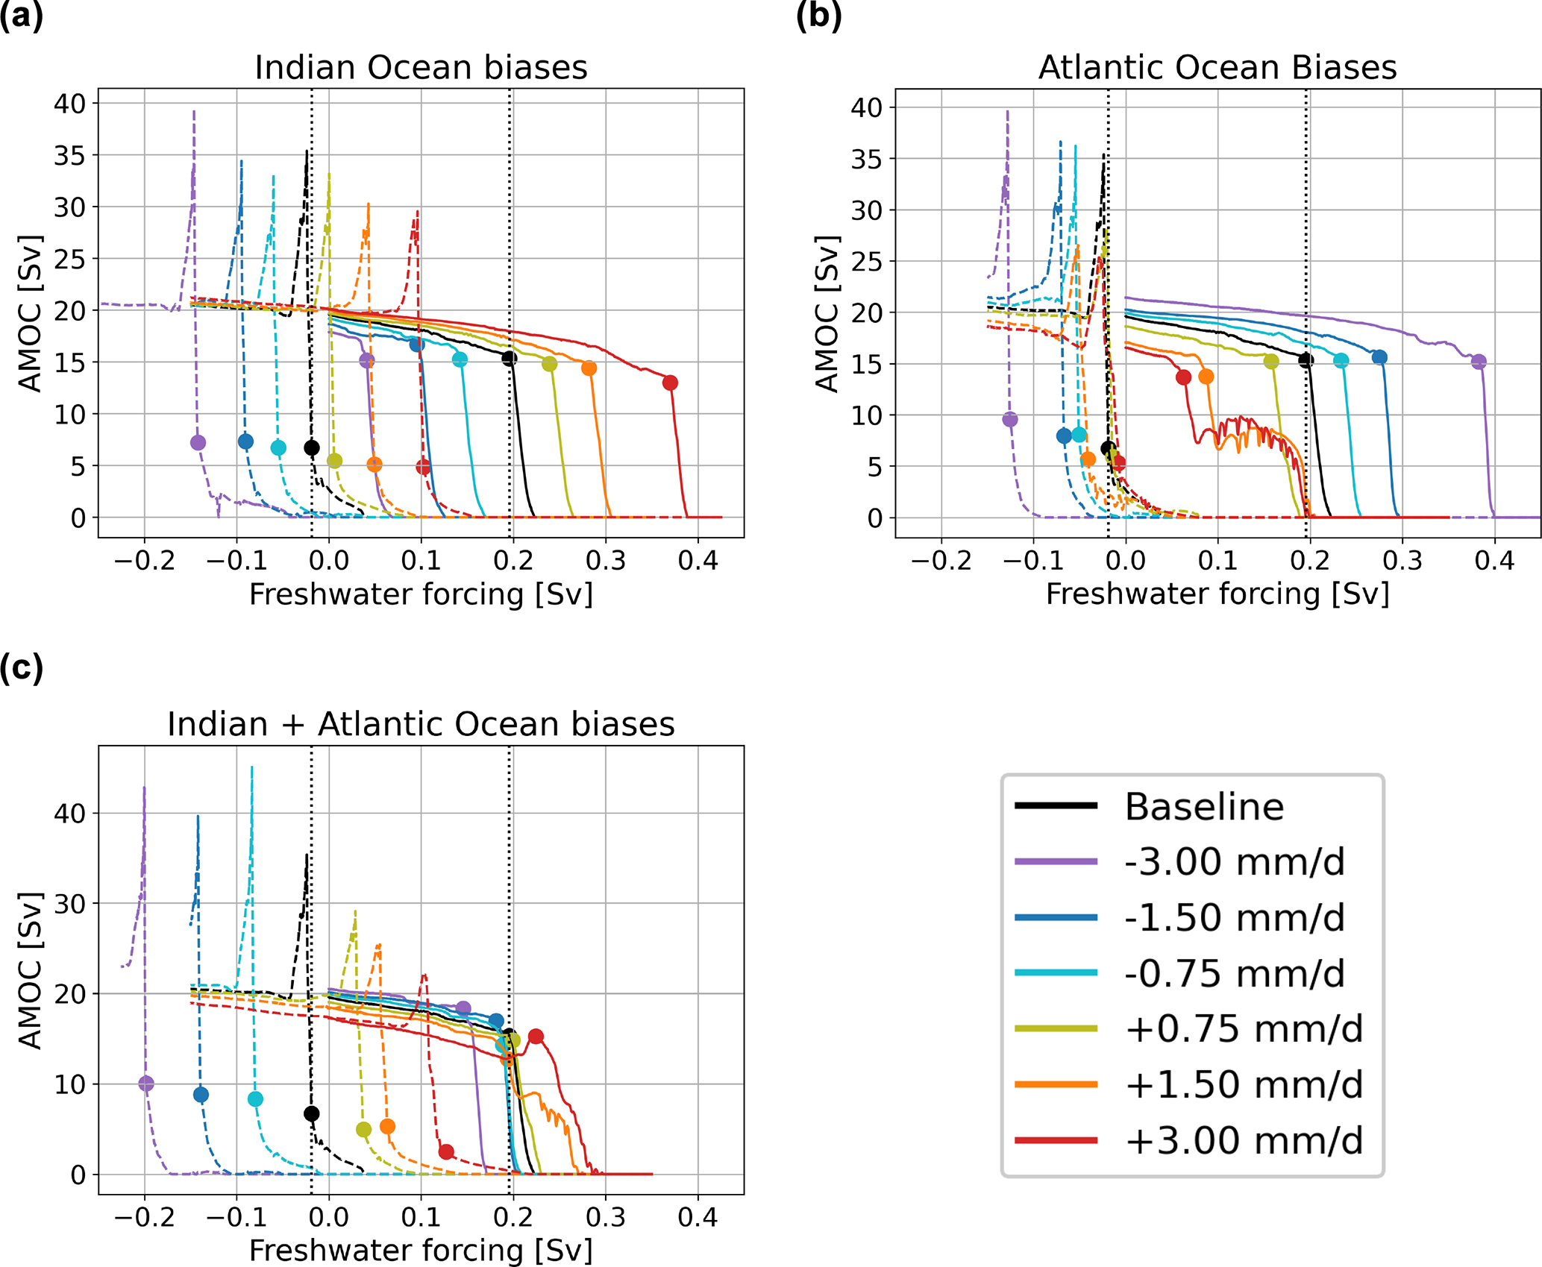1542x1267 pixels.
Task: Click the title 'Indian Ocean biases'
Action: [x=421, y=67]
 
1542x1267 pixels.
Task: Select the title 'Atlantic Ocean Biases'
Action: [x=1217, y=67]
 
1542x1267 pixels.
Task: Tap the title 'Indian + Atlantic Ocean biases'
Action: [x=421, y=724]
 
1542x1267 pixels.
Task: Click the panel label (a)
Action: [x=21, y=16]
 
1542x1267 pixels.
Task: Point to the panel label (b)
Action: [x=818, y=16]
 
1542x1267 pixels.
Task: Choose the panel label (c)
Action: [x=21, y=667]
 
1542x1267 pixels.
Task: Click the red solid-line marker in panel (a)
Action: [x=670, y=383]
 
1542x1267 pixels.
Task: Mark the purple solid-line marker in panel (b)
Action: [x=1479, y=362]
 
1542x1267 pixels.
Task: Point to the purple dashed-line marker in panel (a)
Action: [x=198, y=442]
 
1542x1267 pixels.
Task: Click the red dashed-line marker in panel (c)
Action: [x=446, y=1151]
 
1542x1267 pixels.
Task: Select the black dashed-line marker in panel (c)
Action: [x=312, y=1113]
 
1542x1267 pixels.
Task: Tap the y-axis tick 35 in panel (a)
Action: [x=69, y=156]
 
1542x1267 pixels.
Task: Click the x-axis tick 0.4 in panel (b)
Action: [x=1494, y=560]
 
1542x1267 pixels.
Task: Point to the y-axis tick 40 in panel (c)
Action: [x=69, y=814]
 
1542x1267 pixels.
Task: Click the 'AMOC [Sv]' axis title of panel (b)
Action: [x=827, y=313]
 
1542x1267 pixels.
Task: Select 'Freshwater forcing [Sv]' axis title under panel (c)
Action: [x=421, y=1251]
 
